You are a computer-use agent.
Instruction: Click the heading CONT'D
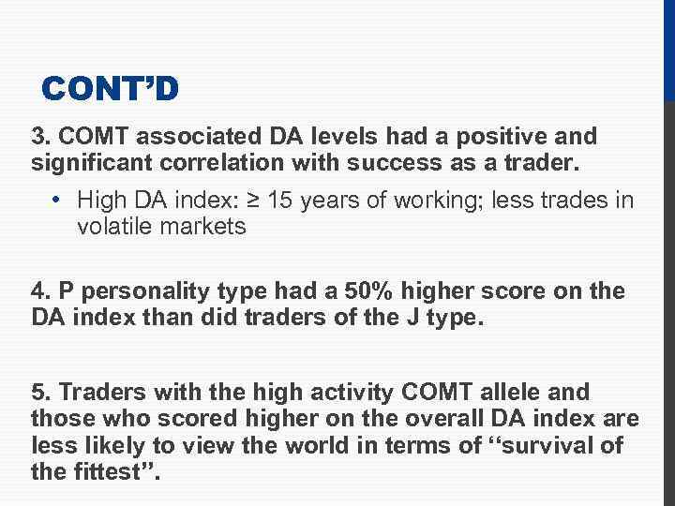111,89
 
